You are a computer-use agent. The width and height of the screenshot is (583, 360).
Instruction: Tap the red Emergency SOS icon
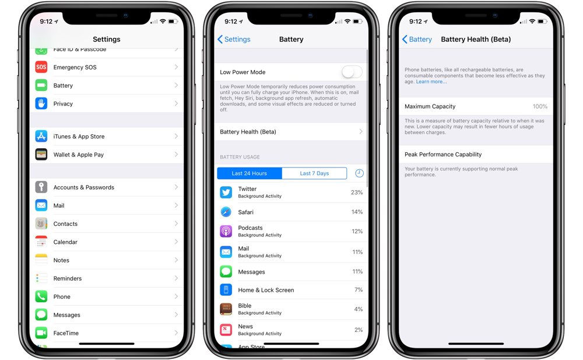pos(41,67)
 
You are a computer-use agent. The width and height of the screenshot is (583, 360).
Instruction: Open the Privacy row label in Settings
pos(63,104)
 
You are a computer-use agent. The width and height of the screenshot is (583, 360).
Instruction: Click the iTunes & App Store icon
pos(41,137)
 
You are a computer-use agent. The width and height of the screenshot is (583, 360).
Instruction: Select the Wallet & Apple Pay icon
pos(41,155)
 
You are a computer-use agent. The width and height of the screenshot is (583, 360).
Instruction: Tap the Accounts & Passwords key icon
pos(41,187)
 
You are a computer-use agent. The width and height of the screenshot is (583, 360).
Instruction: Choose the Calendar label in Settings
pos(65,242)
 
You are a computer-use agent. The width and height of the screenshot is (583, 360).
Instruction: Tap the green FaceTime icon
pos(41,333)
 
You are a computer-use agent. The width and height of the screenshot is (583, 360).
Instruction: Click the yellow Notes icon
pos(41,260)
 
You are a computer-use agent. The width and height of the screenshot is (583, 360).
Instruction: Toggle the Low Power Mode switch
pos(352,72)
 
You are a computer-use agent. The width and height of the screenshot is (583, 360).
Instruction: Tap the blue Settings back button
pos(234,39)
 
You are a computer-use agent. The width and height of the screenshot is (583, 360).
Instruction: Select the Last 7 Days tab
pos(314,173)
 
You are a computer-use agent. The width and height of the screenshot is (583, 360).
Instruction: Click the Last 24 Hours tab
pos(249,173)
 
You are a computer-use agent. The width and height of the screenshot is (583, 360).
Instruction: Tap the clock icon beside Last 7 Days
pos(359,173)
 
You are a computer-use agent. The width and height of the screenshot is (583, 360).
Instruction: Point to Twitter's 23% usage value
pos(357,193)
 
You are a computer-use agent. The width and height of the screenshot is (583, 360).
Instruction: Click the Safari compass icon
pos(226,212)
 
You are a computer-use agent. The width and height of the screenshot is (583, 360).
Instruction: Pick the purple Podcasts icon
pos(226,231)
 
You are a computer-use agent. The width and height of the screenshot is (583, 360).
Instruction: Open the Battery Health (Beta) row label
pos(248,132)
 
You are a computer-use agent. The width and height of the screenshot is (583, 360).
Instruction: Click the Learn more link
pos(431,82)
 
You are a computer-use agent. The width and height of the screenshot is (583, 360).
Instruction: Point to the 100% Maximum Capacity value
pos(540,107)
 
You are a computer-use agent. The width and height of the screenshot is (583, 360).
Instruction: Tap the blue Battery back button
pos(417,39)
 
